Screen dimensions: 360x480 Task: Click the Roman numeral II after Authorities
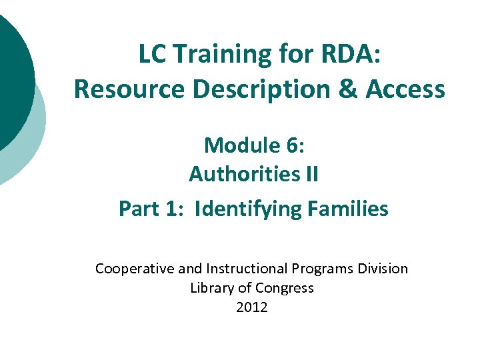point(311,175)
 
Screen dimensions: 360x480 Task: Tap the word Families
point(348,209)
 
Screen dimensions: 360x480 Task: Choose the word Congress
point(283,288)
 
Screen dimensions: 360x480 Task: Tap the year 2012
point(252,307)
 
